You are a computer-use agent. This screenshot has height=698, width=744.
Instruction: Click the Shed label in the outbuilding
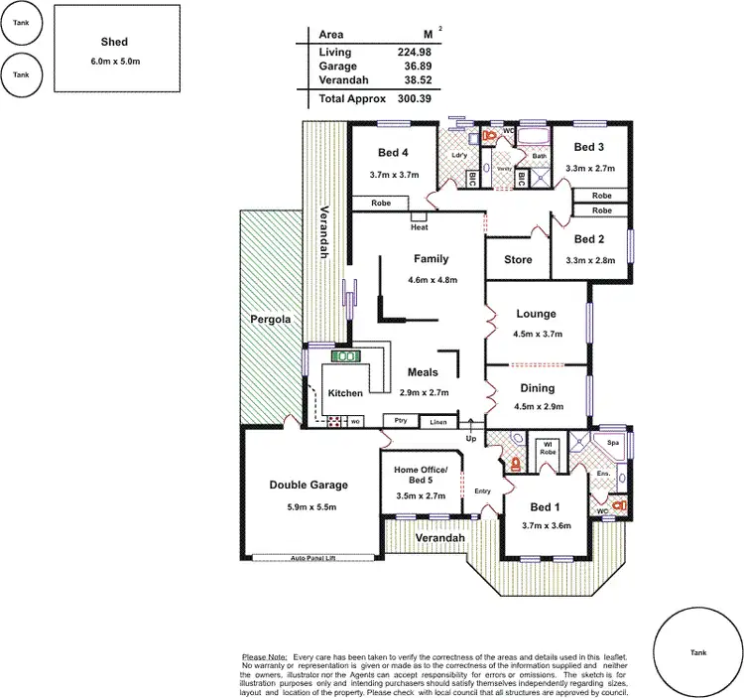pyautogui.click(x=114, y=42)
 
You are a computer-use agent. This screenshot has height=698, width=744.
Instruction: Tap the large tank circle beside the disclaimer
pyautogui.click(x=698, y=652)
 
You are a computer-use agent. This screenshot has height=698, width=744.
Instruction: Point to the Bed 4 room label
pyautogui.click(x=393, y=153)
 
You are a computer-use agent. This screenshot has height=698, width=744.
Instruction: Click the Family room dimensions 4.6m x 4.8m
pyautogui.click(x=433, y=280)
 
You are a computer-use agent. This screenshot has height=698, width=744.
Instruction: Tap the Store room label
pyautogui.click(x=518, y=260)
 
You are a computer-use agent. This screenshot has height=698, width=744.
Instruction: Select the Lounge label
pyautogui.click(x=536, y=315)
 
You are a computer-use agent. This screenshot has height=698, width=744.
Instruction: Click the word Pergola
pyautogui.click(x=270, y=320)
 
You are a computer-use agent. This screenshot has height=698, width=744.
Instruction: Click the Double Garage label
pyautogui.click(x=309, y=486)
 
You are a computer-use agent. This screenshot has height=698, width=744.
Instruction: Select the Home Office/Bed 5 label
pyautogui.click(x=421, y=475)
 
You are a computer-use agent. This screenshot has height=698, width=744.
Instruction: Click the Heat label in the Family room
pyautogui.click(x=420, y=226)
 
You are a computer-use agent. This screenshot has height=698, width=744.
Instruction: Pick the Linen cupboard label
pyautogui.click(x=437, y=422)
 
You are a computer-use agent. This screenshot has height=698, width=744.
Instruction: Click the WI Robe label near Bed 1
pyautogui.click(x=546, y=447)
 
